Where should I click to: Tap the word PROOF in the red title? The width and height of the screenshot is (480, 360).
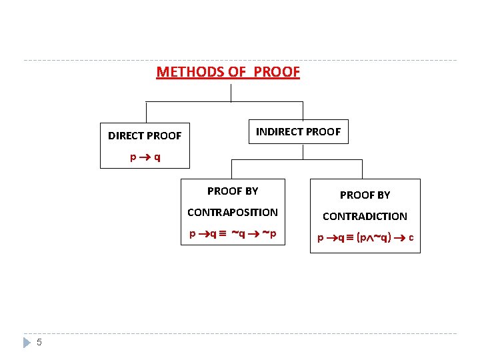(x=277, y=72)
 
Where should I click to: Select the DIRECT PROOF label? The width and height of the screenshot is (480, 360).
(x=145, y=136)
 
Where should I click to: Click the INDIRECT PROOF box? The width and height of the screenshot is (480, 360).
(x=298, y=132)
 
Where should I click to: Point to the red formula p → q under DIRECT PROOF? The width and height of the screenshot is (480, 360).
(x=145, y=159)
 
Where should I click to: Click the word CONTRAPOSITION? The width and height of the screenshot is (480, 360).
(x=233, y=213)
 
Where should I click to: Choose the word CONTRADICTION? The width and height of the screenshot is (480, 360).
(x=365, y=217)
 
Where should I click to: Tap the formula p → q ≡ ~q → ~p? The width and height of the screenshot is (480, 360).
(x=233, y=234)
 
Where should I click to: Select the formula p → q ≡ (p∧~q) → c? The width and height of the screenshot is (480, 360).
(x=365, y=238)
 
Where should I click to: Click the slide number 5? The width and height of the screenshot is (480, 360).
(x=39, y=343)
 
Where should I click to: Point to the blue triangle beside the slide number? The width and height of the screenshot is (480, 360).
(x=27, y=343)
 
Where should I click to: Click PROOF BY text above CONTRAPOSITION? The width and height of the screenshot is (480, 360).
(x=233, y=191)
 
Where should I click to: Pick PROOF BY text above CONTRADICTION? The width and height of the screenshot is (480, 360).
(x=365, y=195)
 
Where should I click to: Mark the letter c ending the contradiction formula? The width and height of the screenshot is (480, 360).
(x=411, y=238)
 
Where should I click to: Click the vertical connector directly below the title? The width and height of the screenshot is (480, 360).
(x=231, y=92)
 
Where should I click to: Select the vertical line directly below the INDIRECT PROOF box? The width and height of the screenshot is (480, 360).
(x=303, y=151)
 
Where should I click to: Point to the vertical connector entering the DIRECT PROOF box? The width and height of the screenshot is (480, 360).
(x=146, y=113)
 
